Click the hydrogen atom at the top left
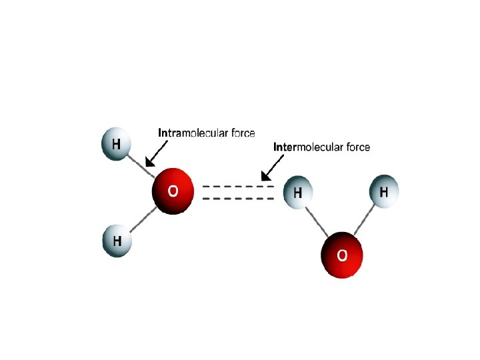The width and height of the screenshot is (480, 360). coord(116,145)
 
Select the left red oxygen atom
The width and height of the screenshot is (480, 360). coord(173,191)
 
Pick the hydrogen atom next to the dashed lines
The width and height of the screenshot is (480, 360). coord(298,193)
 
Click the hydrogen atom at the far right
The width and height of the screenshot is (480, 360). coord(384,192)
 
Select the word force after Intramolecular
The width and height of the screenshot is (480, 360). coord(239,133)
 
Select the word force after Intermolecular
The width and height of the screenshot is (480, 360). coord(354,147)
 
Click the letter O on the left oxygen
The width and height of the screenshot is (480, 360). coord(173,191)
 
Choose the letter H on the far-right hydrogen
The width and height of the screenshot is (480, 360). coord(384,192)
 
